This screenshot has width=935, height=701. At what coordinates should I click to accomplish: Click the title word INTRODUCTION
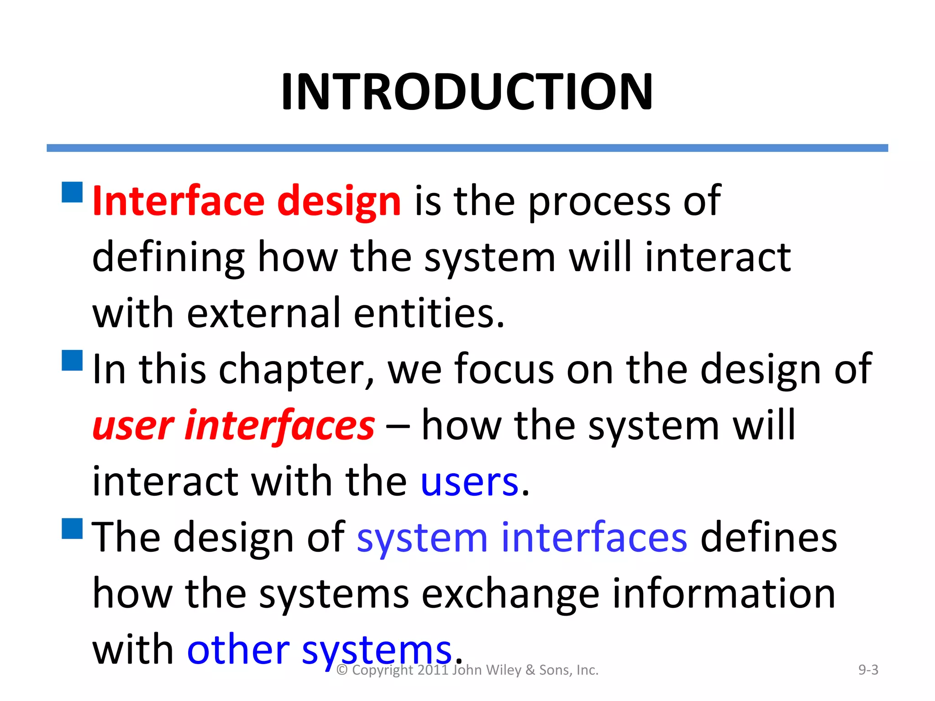(467, 92)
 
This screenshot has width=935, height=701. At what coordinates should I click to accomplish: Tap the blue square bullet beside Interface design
(72, 192)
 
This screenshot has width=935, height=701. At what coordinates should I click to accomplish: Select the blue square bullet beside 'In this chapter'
(72, 360)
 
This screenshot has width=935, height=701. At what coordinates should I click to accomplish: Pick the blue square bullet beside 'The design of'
(72, 528)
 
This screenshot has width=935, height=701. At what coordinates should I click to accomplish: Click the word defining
(168, 258)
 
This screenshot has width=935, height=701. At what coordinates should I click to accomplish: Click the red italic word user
(133, 426)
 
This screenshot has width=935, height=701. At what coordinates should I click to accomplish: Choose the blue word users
(469, 482)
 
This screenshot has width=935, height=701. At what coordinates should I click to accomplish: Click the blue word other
(238, 650)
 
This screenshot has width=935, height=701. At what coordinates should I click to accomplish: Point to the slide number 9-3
(868, 670)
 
